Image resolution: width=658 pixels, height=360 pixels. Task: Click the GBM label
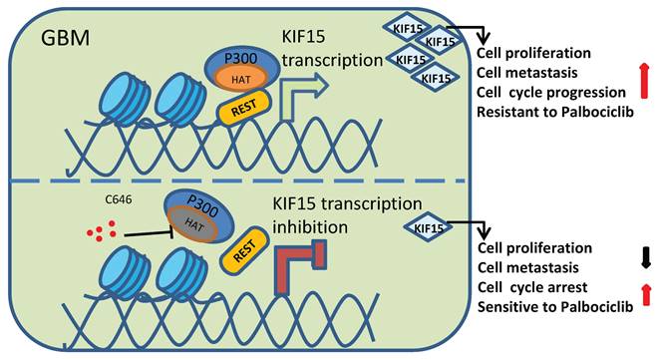click(67, 39)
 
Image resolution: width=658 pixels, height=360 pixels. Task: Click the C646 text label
click(120, 198)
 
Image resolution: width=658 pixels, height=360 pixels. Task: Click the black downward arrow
click(644, 257)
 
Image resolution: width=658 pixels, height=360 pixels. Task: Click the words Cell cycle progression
click(550, 89)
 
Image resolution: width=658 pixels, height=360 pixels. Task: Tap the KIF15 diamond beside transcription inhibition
click(426, 227)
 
